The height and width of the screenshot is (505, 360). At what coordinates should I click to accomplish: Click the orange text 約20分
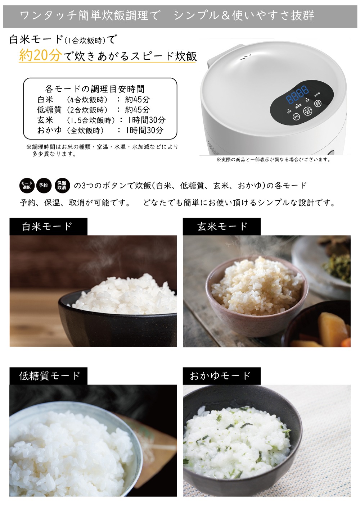40,55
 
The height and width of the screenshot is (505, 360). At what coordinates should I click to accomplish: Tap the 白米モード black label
48,227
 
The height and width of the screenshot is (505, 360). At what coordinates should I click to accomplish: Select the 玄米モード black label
222,227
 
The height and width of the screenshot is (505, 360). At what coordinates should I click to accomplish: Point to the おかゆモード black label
220,376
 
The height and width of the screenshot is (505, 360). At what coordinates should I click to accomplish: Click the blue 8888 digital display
297,94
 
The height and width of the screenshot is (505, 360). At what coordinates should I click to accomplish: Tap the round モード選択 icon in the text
27,185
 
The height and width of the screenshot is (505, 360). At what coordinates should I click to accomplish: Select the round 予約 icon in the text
44,185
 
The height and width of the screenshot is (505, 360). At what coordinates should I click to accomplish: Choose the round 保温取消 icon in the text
62,185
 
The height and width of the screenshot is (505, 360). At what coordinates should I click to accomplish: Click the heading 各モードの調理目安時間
95,89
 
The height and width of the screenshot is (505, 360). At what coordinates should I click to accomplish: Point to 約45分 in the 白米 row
137,100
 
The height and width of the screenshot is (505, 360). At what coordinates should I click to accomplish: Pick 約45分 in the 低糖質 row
137,110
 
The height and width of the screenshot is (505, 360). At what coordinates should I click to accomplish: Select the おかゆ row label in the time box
49,130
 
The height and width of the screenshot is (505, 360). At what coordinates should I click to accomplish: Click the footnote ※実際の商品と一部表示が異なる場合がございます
273,160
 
